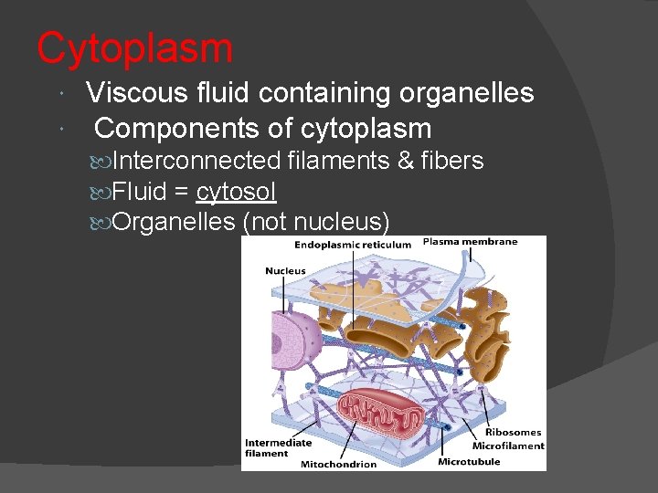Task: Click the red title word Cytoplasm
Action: click(x=134, y=48)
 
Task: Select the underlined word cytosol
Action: click(x=237, y=192)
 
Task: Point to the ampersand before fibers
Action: click(x=407, y=162)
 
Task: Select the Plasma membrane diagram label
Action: click(x=470, y=242)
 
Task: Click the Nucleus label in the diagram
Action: click(x=285, y=271)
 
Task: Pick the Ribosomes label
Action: click(x=513, y=433)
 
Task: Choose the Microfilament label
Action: click(x=508, y=446)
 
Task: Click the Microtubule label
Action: click(x=469, y=462)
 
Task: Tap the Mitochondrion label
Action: click(x=338, y=465)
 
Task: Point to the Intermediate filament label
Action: click(x=278, y=447)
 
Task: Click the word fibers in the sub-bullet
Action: click(x=452, y=162)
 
